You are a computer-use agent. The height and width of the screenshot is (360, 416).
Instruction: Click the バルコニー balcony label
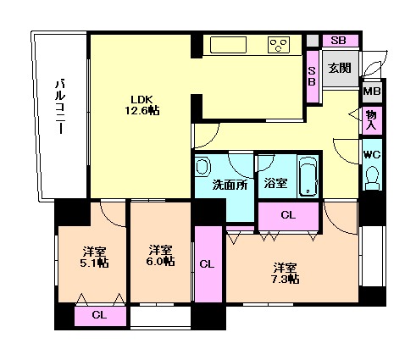[x=60, y=107]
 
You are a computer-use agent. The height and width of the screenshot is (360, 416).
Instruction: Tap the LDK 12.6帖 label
[x=141, y=105]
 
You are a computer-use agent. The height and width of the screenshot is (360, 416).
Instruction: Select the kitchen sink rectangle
[x=228, y=45]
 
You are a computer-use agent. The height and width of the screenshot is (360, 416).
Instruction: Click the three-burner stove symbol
[x=279, y=45]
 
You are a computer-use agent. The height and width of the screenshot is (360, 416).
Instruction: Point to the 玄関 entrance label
[x=340, y=68]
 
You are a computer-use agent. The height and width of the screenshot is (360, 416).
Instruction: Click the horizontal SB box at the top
[x=341, y=41]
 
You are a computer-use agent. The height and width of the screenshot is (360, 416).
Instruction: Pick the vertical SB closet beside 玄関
[x=313, y=76]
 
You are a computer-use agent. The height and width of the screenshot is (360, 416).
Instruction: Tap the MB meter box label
[x=372, y=91]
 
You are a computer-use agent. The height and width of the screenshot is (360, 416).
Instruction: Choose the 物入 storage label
[x=372, y=120]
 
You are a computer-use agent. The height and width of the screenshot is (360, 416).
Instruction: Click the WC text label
[x=372, y=154]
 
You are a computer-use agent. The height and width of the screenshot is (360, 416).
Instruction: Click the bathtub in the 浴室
[x=308, y=176]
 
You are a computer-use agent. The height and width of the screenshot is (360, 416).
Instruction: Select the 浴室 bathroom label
[x=275, y=184]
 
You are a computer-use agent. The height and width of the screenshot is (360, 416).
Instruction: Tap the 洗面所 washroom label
[x=230, y=185]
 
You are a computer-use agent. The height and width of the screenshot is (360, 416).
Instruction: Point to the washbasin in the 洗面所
[x=202, y=167]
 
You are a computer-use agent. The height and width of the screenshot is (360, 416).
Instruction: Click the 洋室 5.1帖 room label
[x=94, y=258]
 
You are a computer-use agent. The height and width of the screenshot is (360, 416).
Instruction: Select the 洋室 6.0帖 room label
[x=160, y=255]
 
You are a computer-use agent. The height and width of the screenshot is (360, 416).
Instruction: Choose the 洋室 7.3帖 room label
[x=286, y=273]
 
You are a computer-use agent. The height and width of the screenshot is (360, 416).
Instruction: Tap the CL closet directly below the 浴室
[x=289, y=216]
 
